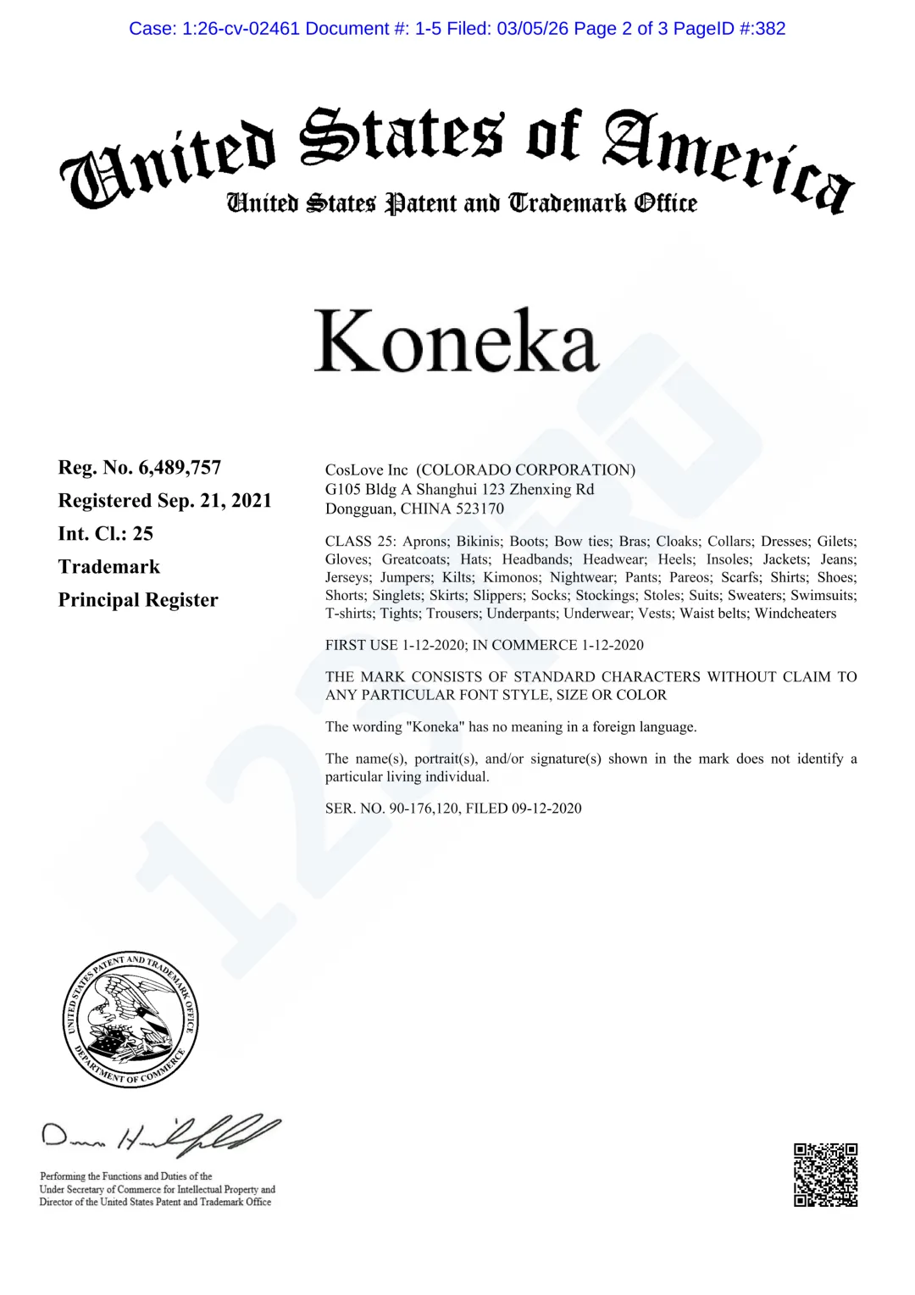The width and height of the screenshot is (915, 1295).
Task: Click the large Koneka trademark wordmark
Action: coord(457,341)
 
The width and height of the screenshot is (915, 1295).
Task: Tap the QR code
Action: coord(825,1175)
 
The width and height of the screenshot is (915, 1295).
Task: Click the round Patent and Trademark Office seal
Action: coord(130,1019)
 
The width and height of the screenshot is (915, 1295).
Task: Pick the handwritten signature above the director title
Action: coord(161,1136)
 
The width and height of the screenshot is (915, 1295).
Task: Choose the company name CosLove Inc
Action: coord(366,470)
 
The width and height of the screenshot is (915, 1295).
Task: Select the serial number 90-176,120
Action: coord(424,809)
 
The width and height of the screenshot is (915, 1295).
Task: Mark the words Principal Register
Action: coord(138,600)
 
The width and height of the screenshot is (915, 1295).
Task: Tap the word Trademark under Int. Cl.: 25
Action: coord(109,567)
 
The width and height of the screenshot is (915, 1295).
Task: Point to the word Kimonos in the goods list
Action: coord(511,578)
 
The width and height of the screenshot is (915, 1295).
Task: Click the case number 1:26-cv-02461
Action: coord(241,29)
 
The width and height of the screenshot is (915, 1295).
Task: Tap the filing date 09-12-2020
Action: coord(546,809)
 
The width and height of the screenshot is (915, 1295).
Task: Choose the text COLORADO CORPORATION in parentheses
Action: coord(525,470)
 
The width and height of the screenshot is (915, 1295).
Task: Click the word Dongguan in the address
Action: coord(359,509)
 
